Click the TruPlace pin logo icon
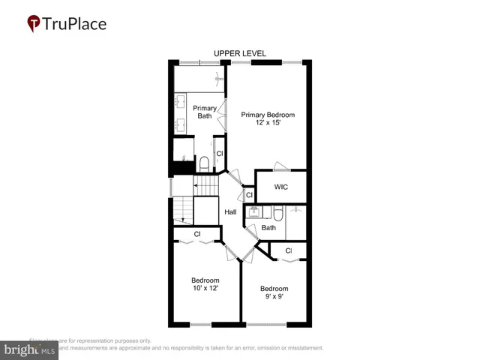(34, 23)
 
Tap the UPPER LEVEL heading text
(240, 54)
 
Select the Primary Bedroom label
(268, 115)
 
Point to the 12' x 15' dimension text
(267, 123)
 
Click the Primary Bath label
(205, 112)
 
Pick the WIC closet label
(281, 187)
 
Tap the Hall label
(230, 212)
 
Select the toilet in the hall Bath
(277, 213)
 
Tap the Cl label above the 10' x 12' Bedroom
(197, 234)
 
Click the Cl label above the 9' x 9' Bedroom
(288, 250)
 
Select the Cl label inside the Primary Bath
(220, 154)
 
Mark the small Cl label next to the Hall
(249, 195)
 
